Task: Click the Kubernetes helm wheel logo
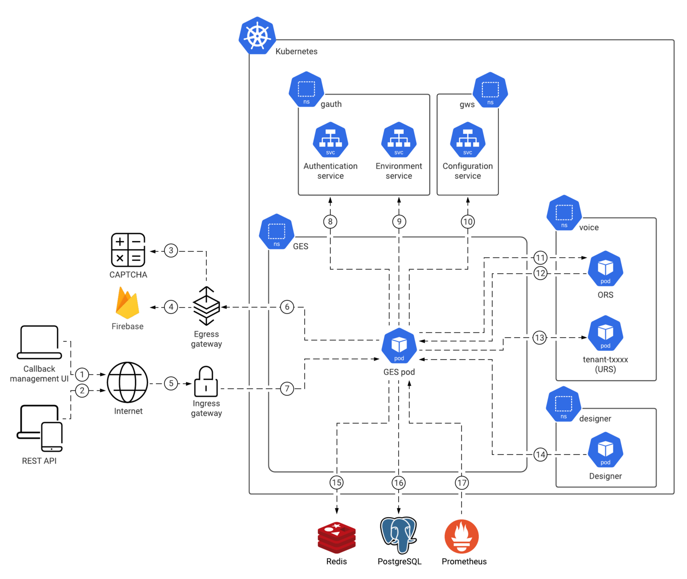(x=257, y=36)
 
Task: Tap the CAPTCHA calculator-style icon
(x=128, y=250)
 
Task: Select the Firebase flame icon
(x=127, y=303)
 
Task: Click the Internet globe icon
(x=127, y=382)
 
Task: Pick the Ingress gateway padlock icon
(x=206, y=381)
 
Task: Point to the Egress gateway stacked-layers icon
(x=206, y=306)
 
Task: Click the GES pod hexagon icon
(x=399, y=346)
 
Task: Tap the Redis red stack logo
(x=336, y=537)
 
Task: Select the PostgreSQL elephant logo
(x=398, y=535)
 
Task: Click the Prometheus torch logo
(x=462, y=536)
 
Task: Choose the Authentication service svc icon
(x=330, y=140)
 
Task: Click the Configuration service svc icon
(x=467, y=140)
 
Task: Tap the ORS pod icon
(x=605, y=268)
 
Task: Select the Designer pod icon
(x=605, y=449)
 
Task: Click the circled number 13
(x=540, y=337)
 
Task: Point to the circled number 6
(x=287, y=307)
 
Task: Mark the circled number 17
(x=462, y=483)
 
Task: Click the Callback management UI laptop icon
(x=39, y=342)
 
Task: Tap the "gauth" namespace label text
(x=331, y=104)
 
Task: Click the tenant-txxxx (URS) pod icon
(x=605, y=333)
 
